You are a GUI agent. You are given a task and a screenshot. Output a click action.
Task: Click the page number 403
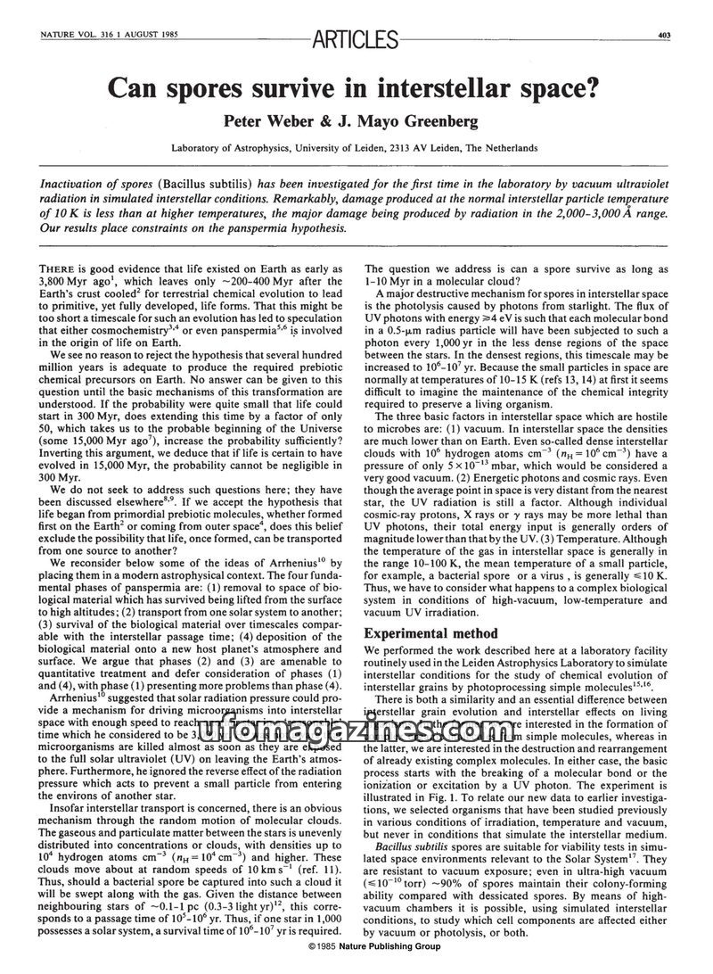664,35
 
